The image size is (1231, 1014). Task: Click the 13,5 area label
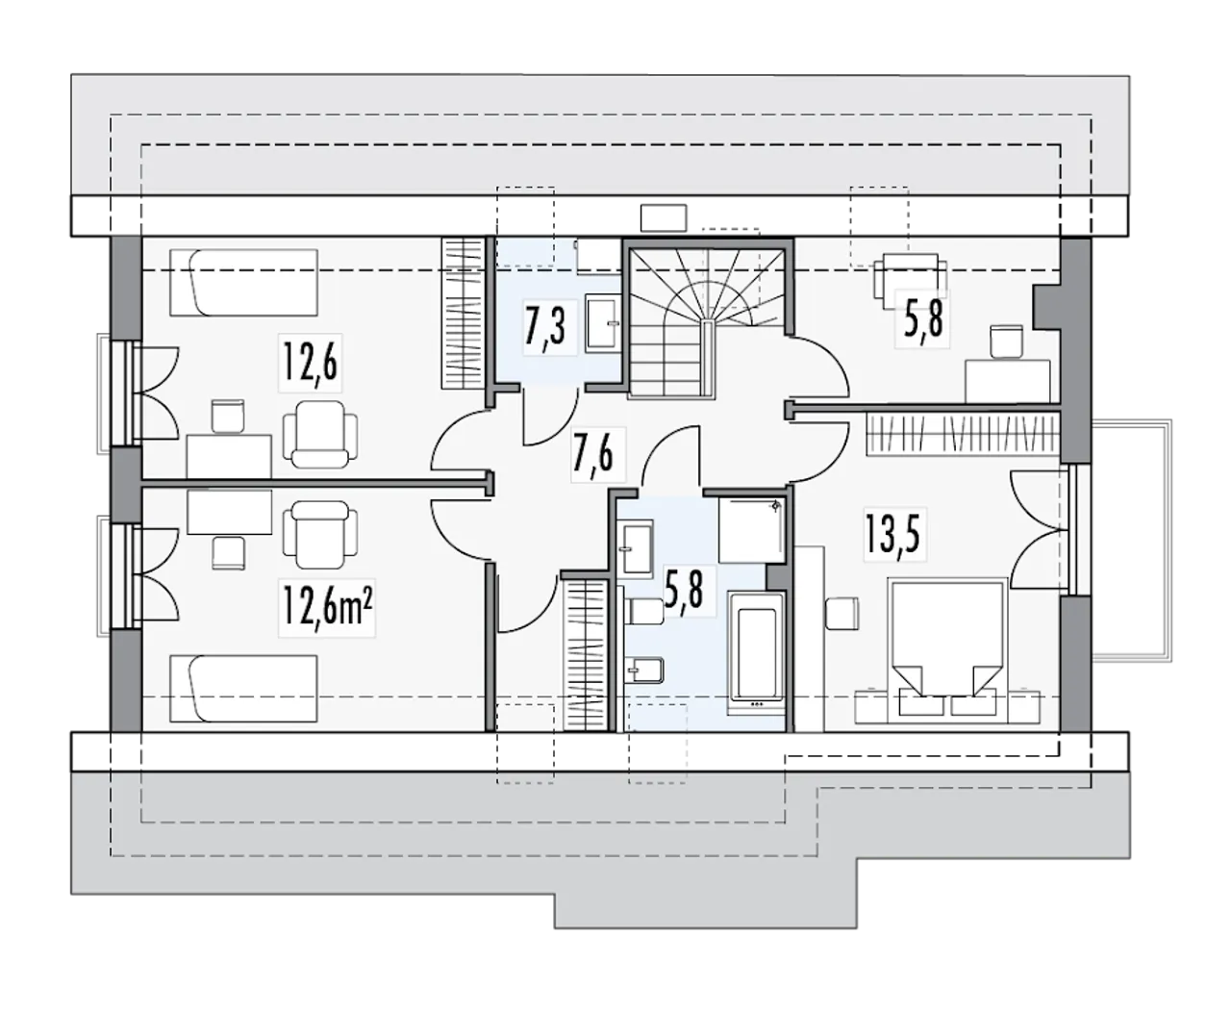click(892, 533)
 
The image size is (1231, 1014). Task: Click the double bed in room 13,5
click(947, 645)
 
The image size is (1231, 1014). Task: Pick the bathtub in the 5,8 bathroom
click(757, 652)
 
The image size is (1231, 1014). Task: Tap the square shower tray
click(751, 530)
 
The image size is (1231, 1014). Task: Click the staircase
click(707, 322)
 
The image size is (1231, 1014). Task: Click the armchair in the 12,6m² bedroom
click(320, 534)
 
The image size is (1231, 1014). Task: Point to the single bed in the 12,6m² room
click(243, 689)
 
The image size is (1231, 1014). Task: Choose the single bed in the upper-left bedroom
click(243, 283)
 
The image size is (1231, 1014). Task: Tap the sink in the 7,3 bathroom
click(602, 324)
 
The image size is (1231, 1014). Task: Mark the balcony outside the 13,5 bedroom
click(1131, 540)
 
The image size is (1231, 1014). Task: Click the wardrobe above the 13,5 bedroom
click(963, 434)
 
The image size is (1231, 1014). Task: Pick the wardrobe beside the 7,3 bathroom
click(463, 313)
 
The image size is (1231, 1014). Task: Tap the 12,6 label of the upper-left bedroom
click(310, 362)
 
